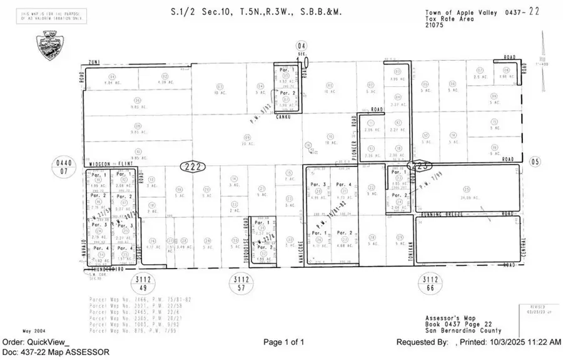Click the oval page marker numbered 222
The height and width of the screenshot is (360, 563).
tap(193, 167)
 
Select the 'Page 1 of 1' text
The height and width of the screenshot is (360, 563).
tap(283, 342)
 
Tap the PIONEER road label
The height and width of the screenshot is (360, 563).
tap(354, 142)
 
